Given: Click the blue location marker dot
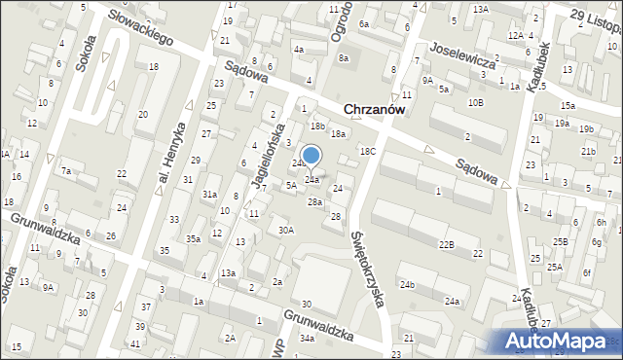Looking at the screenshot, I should pyautogui.click(x=311, y=155).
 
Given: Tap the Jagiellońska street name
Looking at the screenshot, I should pyautogui.click(x=265, y=155).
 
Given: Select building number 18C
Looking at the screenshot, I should pyautogui.click(x=367, y=151).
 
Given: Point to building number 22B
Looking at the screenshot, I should pyautogui.click(x=446, y=243).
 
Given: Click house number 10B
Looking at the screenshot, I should pyautogui.click(x=475, y=102).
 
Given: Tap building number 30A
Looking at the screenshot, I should pyautogui.click(x=285, y=230).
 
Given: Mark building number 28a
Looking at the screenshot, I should pyautogui.click(x=314, y=201).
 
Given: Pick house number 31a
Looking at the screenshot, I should pyautogui.click(x=209, y=195).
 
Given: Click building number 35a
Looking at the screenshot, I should pyautogui.click(x=194, y=238).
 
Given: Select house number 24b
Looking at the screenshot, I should pyautogui.click(x=406, y=284).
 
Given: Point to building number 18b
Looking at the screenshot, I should pyautogui.click(x=317, y=126).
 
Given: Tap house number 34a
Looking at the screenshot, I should pyautogui.click(x=307, y=338).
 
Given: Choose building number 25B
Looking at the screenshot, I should pyautogui.click(x=561, y=241).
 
